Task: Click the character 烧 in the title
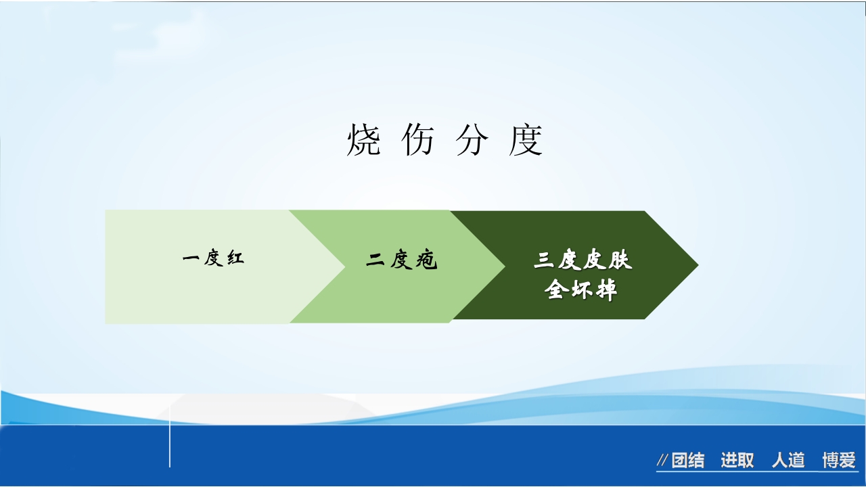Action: [363, 141]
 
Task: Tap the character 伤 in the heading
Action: [417, 141]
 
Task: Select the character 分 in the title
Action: [472, 141]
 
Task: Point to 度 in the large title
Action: [526, 141]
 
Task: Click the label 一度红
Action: [213, 258]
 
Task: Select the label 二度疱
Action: [402, 260]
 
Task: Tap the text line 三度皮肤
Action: [583, 261]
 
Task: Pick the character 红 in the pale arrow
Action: [235, 258]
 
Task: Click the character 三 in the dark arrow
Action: [545, 261]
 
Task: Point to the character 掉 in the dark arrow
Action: [606, 291]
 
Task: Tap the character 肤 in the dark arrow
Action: [620, 261]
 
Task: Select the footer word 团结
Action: [688, 461]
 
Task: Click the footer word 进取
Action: [737, 461]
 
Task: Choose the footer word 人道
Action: [788, 461]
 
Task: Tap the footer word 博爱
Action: [839, 461]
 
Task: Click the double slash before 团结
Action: [662, 461]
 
